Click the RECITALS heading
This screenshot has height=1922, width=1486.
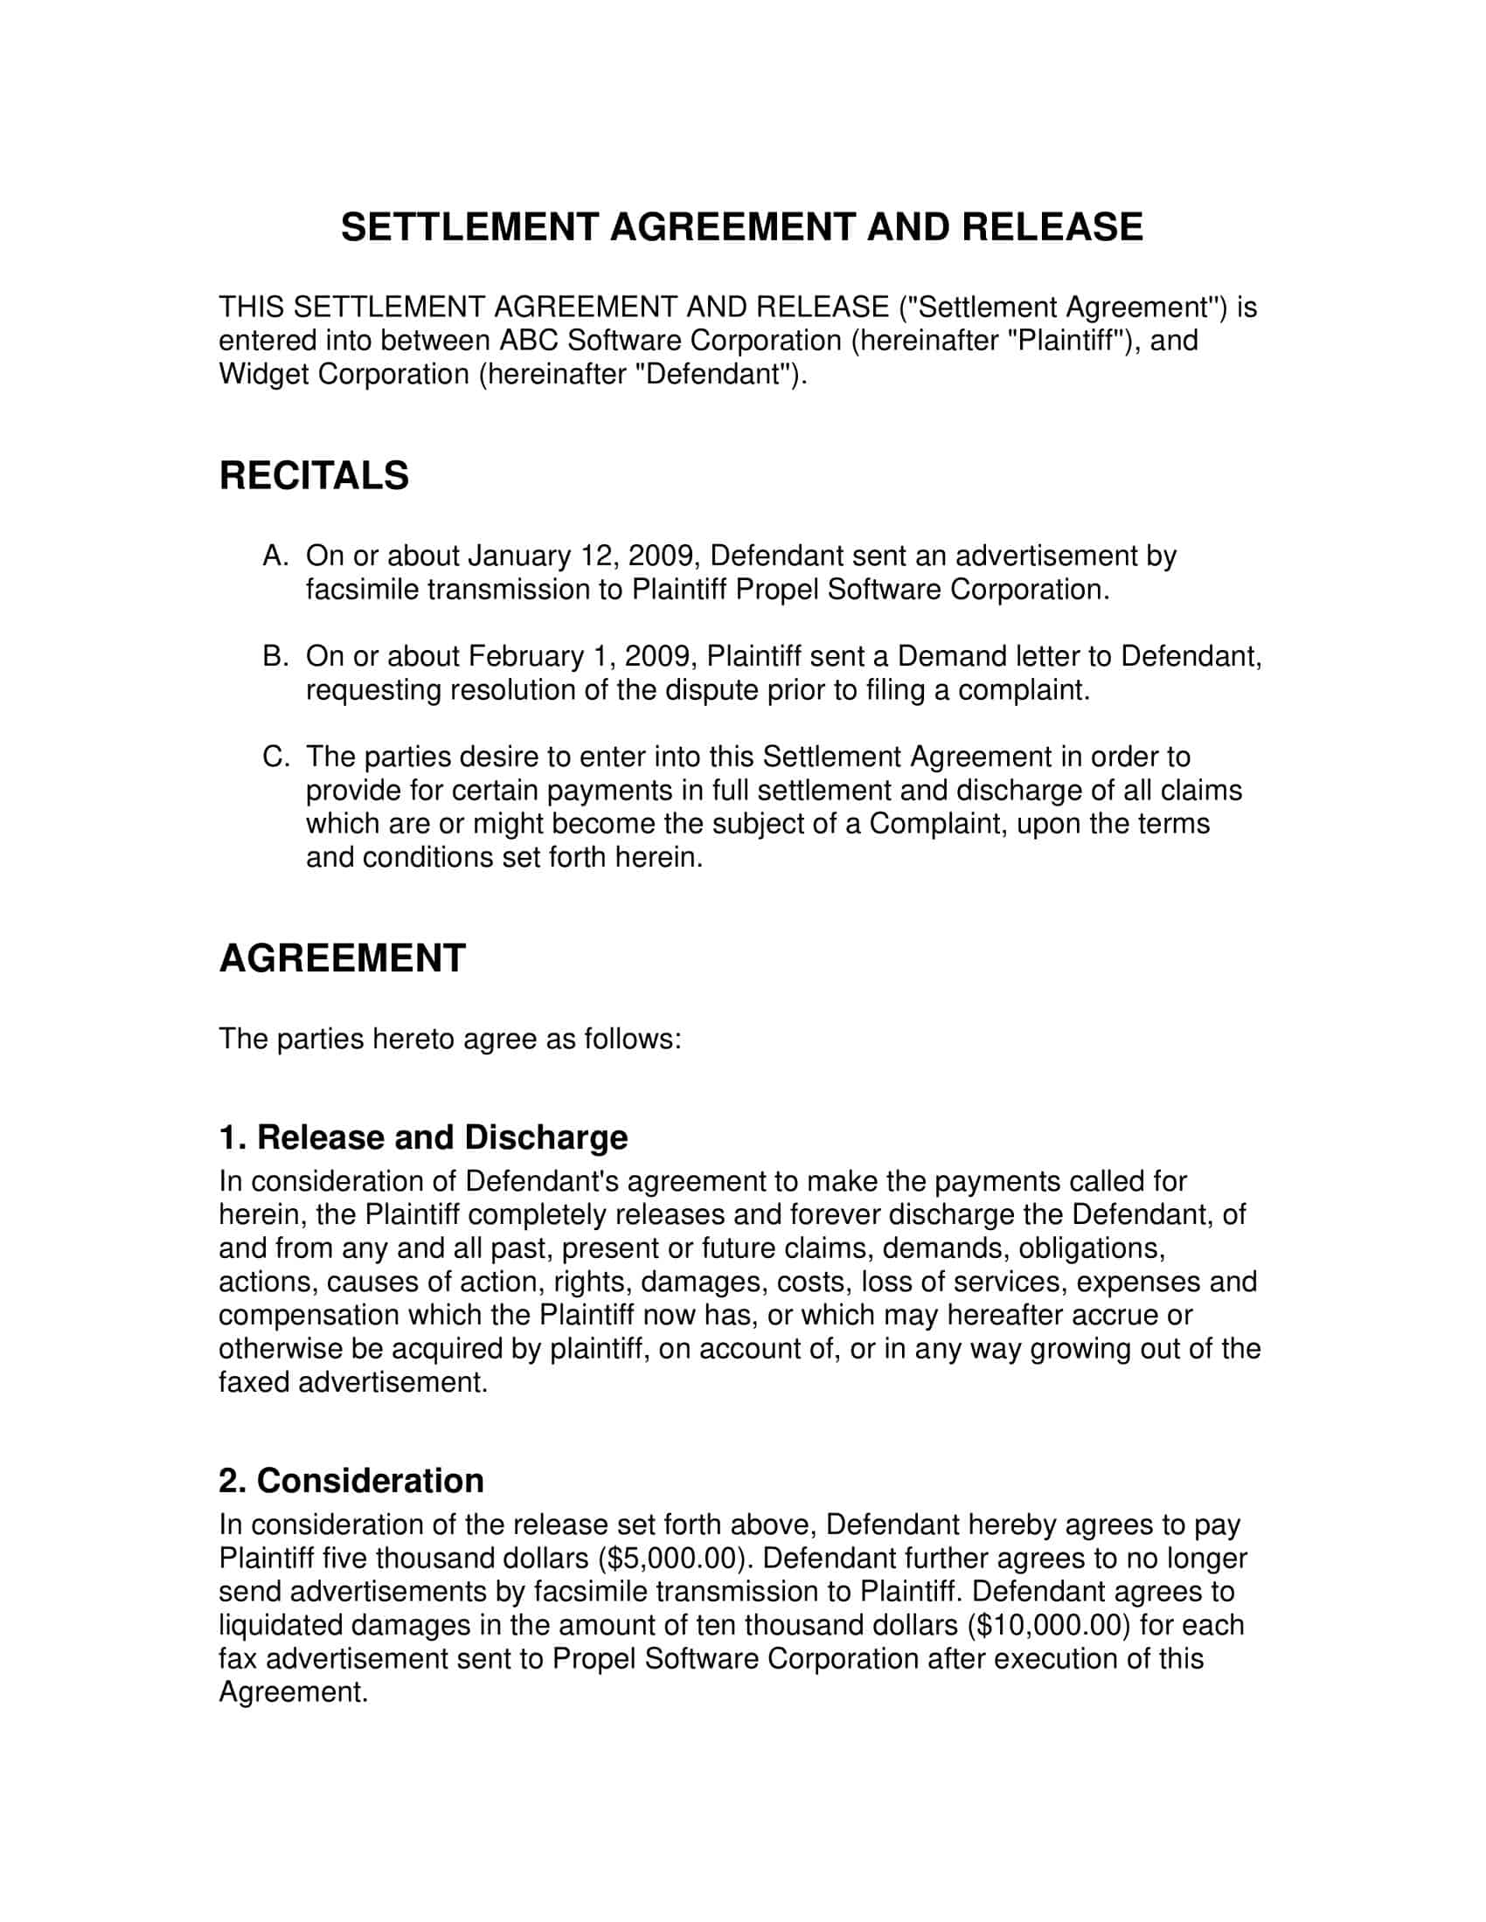coord(314,475)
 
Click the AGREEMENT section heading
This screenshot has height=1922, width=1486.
coord(342,958)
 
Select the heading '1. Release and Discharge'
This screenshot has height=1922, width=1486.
coord(422,1137)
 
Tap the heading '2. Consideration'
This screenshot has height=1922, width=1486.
coord(351,1480)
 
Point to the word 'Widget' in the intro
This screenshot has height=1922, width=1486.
coord(263,374)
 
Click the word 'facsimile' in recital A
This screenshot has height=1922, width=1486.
coord(362,590)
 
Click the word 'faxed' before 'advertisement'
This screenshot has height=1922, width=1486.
coord(254,1382)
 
